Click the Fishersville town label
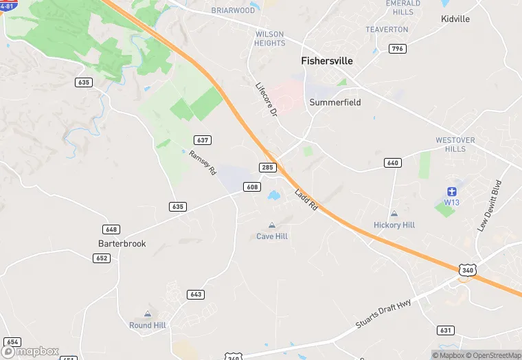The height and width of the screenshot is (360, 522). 327,61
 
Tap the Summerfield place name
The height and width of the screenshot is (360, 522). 334,102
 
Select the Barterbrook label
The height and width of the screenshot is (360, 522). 122,243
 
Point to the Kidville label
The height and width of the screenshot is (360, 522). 455,19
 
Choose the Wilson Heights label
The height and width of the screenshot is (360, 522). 270,38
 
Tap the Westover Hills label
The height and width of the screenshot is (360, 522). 455,144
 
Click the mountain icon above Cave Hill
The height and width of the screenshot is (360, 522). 272,225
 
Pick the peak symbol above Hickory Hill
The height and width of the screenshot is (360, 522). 394,214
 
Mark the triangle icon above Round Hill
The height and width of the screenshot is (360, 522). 147,314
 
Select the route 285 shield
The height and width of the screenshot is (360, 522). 268,168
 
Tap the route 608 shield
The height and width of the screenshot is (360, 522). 252,187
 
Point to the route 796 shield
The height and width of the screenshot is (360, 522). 397,49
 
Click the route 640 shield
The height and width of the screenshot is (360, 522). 393,163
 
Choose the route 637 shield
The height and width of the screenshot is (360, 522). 202,140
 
